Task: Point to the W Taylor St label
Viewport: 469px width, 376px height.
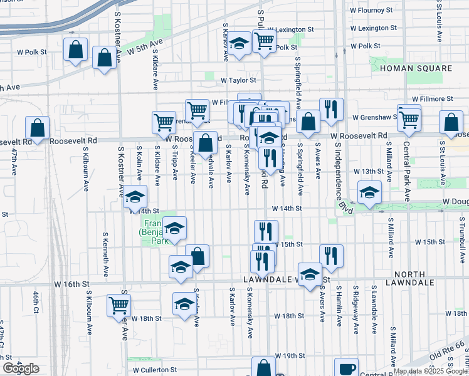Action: click(x=238, y=80)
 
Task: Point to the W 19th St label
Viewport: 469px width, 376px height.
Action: click(x=289, y=355)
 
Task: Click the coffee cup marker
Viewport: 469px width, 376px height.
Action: click(x=346, y=369)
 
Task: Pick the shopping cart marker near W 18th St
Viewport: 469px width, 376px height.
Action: click(x=119, y=305)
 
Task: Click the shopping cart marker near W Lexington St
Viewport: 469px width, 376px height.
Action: click(x=265, y=41)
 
